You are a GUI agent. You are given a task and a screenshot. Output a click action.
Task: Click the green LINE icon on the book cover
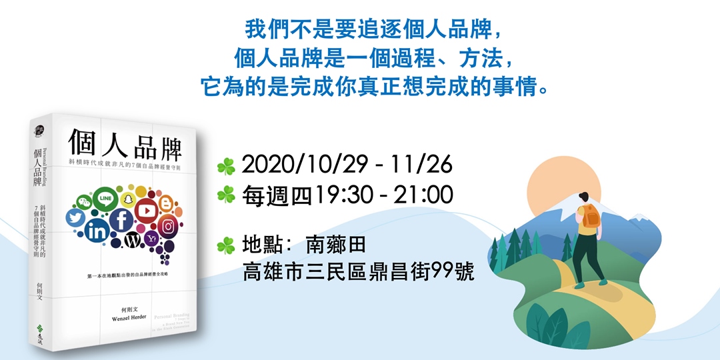tap(105, 198)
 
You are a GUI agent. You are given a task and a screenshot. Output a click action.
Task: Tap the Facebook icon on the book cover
tap(122, 220)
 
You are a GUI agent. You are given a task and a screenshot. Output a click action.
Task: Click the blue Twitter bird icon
tap(75, 218)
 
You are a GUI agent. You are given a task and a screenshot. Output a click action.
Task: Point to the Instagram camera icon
tap(169, 227)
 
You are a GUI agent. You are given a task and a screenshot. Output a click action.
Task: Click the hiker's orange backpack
tap(590, 215)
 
